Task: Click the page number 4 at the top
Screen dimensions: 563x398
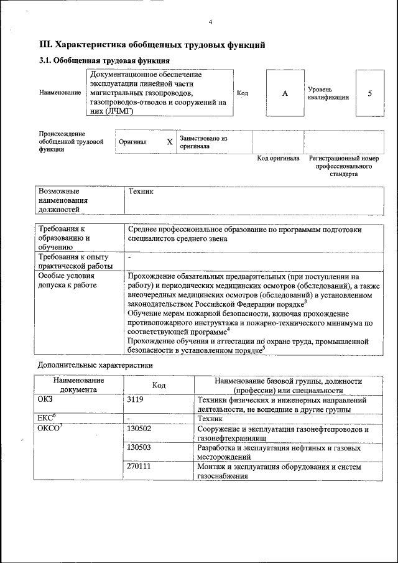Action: [x=210, y=22]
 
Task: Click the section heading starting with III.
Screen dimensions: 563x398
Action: [x=152, y=45]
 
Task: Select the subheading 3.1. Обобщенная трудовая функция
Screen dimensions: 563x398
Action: [x=104, y=60]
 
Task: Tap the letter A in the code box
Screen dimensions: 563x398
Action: [x=285, y=93]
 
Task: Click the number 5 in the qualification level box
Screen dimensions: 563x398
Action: [x=370, y=93]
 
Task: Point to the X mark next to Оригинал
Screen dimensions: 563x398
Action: [x=169, y=142]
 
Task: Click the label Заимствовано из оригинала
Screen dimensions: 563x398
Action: [x=204, y=142]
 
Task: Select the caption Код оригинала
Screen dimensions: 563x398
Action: [x=278, y=158]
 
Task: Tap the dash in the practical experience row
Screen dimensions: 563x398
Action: [x=129, y=257]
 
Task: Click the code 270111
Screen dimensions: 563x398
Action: [x=139, y=466]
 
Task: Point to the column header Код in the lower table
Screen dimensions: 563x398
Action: [x=159, y=385]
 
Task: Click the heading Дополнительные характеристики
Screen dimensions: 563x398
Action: [x=95, y=365]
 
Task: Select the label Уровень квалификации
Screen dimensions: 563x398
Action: [x=328, y=93]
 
